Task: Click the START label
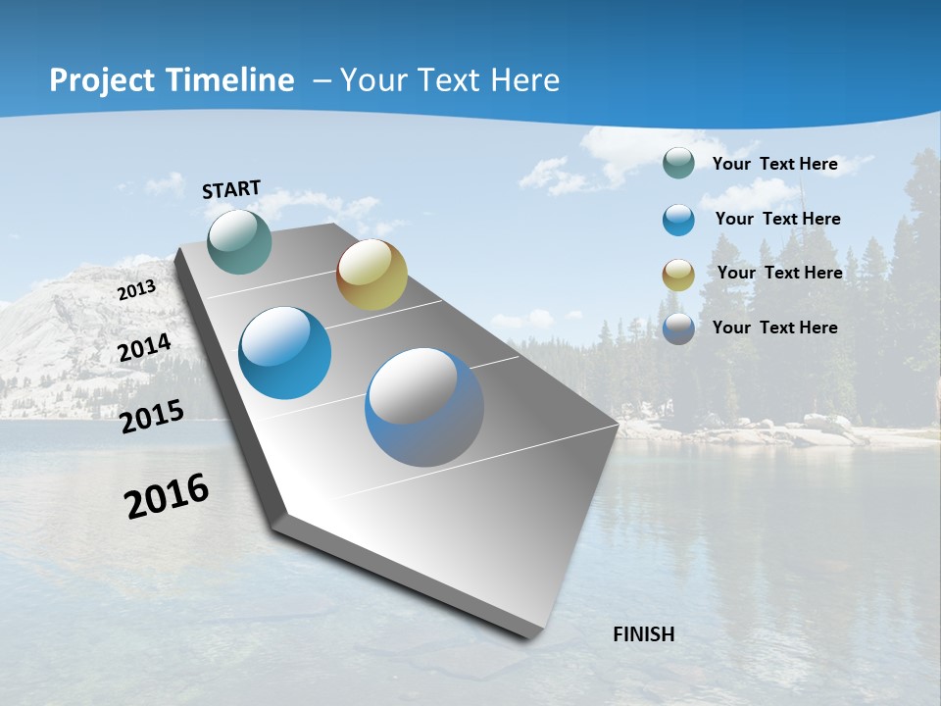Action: [231, 188]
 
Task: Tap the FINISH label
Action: [644, 634]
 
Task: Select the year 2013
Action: [136, 290]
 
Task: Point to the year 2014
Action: [144, 348]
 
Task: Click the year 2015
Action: [152, 417]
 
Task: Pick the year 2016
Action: [167, 496]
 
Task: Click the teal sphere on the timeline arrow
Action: [240, 241]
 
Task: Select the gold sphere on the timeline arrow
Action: [371, 275]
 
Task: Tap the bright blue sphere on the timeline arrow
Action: [285, 353]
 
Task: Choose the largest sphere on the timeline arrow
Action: [424, 407]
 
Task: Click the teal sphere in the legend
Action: [678, 164]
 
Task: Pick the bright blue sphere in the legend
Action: [678, 220]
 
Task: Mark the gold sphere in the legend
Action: [678, 275]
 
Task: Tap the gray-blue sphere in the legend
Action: [678, 328]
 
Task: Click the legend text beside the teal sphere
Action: [774, 164]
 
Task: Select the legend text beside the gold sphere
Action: [779, 273]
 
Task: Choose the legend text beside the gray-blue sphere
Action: [774, 328]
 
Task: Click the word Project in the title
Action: [103, 80]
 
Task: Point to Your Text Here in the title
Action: [450, 80]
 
